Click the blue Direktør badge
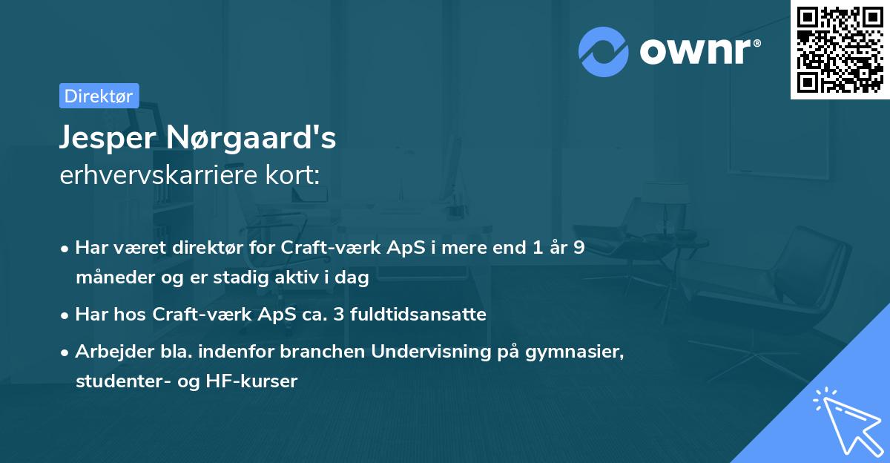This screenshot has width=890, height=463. [99, 96]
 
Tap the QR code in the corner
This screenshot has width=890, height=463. [840, 50]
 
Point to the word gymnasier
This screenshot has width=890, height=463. [577, 352]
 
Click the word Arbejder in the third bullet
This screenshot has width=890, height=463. [108, 352]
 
